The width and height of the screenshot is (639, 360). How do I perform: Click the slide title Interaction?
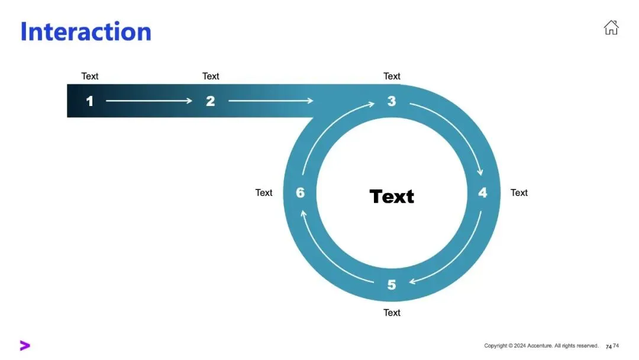coord(86,31)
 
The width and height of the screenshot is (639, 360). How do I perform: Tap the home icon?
coord(611,27)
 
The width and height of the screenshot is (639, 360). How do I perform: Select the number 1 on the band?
coord(89,101)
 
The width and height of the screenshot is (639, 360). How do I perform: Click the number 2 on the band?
coord(210,101)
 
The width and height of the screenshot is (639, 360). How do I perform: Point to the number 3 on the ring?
coord(392,101)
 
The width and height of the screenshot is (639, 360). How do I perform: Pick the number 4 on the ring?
coord(483,193)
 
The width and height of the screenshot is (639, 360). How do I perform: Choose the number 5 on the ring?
coord(392,285)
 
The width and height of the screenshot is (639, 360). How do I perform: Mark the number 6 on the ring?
coord(300,193)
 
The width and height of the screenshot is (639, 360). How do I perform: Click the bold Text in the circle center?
coord(392,197)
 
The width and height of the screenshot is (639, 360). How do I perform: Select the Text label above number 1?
coord(90,76)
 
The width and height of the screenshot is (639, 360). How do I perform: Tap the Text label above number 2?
coord(211,76)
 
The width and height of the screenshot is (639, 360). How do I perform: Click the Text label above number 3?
coord(392,76)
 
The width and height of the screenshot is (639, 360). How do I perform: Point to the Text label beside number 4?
coord(519,193)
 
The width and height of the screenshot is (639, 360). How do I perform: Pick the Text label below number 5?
coord(392,313)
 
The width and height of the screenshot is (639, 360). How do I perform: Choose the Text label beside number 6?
coord(264,193)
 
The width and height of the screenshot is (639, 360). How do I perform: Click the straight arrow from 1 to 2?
coord(149,101)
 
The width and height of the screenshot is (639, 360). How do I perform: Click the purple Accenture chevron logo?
coord(25,346)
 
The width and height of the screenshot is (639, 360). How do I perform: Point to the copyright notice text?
coord(541,346)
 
